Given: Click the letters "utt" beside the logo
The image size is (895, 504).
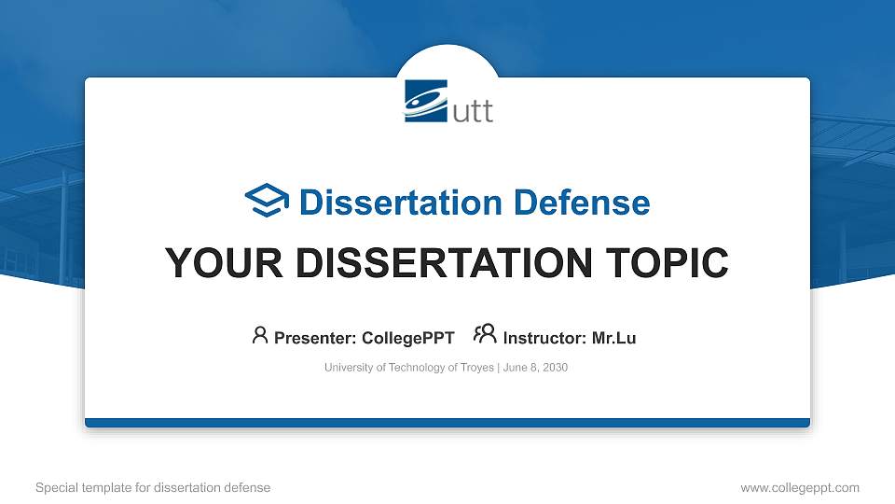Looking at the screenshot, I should point(472,111).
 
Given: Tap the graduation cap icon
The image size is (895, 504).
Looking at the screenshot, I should point(267,201).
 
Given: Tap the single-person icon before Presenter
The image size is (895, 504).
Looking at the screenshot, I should point(260,335).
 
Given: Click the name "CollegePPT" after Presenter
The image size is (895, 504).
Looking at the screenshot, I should point(409,338).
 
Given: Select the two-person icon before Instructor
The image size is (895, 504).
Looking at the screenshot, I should point(485,335).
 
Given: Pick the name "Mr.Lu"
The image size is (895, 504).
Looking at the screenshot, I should point(613,338).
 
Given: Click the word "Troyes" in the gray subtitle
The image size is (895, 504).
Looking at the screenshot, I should point(476,368).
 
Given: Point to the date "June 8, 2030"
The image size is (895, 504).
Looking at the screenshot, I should point(535,368).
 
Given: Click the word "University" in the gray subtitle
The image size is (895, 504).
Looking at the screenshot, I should point(348,368).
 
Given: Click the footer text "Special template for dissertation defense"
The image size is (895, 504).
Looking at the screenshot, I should point(153,487).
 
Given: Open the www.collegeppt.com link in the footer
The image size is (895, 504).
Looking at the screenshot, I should point(800,487).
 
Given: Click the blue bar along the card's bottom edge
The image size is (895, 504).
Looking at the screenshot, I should point(447,423).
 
